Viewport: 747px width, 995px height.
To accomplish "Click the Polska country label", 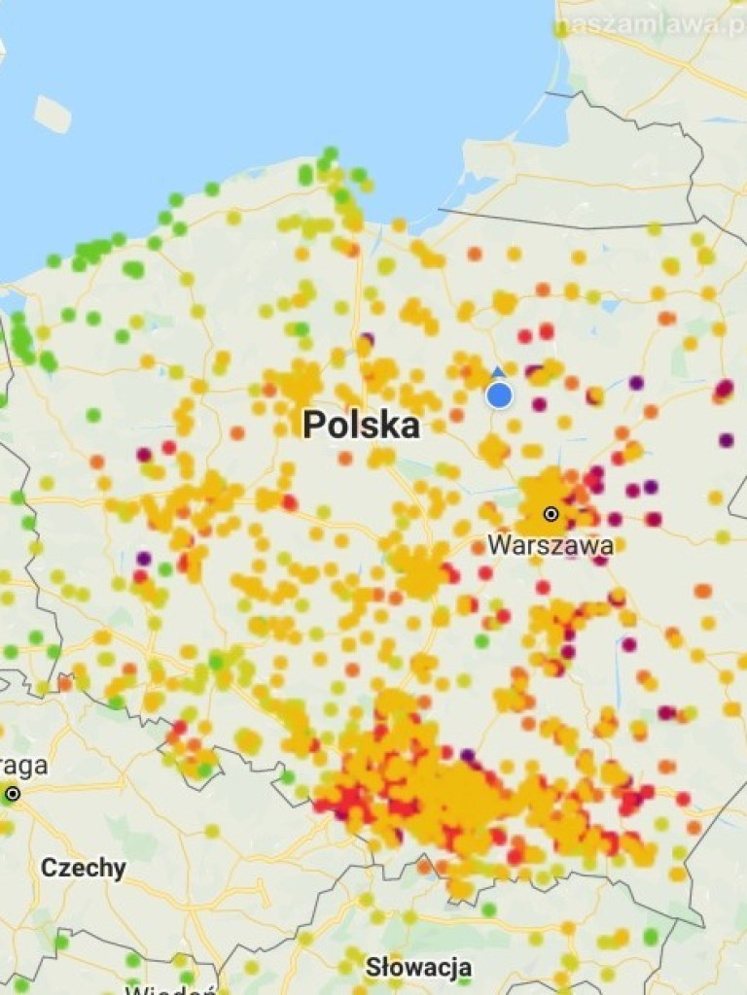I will (361, 425).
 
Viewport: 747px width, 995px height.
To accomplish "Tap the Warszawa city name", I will (550, 545).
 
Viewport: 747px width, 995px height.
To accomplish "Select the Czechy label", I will (83, 868).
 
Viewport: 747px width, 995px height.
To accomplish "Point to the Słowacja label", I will (418, 967).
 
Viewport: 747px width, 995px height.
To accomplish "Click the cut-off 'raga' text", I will (24, 766).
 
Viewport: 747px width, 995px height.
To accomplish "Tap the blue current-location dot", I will (499, 395).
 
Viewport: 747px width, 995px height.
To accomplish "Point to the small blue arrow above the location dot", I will (499, 372).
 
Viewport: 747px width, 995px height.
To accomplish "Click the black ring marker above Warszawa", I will (551, 513).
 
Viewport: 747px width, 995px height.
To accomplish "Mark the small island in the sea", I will (53, 114).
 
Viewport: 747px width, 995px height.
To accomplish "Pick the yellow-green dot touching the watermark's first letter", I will (561, 30).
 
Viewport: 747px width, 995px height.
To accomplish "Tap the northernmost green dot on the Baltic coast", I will (330, 154).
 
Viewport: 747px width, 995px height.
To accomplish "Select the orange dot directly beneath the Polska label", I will (345, 458).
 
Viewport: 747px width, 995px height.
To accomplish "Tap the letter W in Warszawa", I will (497, 545).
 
